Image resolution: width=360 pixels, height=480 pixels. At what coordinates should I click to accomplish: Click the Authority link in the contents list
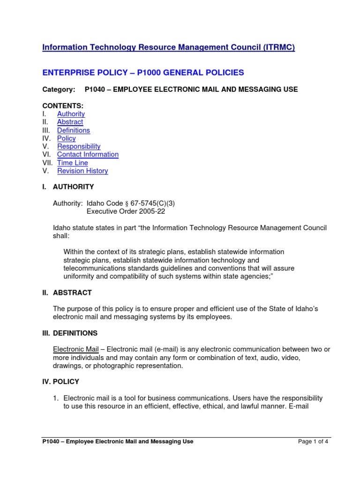(x=71, y=114)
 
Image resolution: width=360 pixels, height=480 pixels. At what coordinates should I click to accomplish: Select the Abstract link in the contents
(x=70, y=122)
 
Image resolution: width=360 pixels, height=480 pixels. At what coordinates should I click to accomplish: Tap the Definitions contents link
(x=74, y=130)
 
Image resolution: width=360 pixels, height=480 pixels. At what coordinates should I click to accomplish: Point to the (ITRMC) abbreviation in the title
(x=275, y=47)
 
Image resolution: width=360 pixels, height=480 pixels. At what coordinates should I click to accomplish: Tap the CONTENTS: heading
(x=63, y=106)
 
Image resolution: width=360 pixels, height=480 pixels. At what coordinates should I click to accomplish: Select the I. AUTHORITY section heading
(x=68, y=187)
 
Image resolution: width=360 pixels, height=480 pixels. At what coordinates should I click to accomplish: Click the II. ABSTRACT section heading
(x=67, y=292)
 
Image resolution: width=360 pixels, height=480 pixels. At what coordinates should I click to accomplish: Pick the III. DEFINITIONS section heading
(x=70, y=333)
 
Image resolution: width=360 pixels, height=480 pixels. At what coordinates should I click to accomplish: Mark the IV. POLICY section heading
(x=61, y=382)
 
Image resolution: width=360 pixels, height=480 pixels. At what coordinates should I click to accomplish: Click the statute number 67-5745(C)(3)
(x=151, y=203)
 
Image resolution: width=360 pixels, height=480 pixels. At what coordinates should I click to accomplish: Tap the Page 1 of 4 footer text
(x=313, y=441)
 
